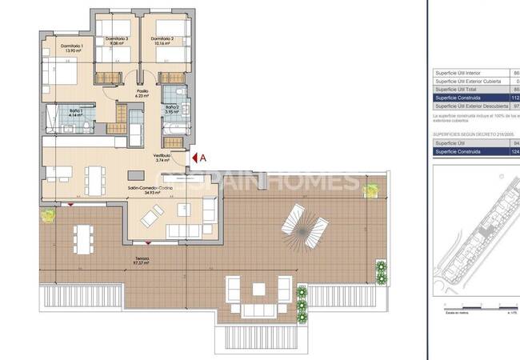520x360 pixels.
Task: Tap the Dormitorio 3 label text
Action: pos(117,41)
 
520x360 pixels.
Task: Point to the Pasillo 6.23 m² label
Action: pos(142,94)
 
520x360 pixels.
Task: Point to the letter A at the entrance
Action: pos(202,158)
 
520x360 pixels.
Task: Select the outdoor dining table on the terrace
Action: pos(82,237)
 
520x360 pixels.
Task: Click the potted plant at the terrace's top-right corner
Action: pos(370,190)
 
